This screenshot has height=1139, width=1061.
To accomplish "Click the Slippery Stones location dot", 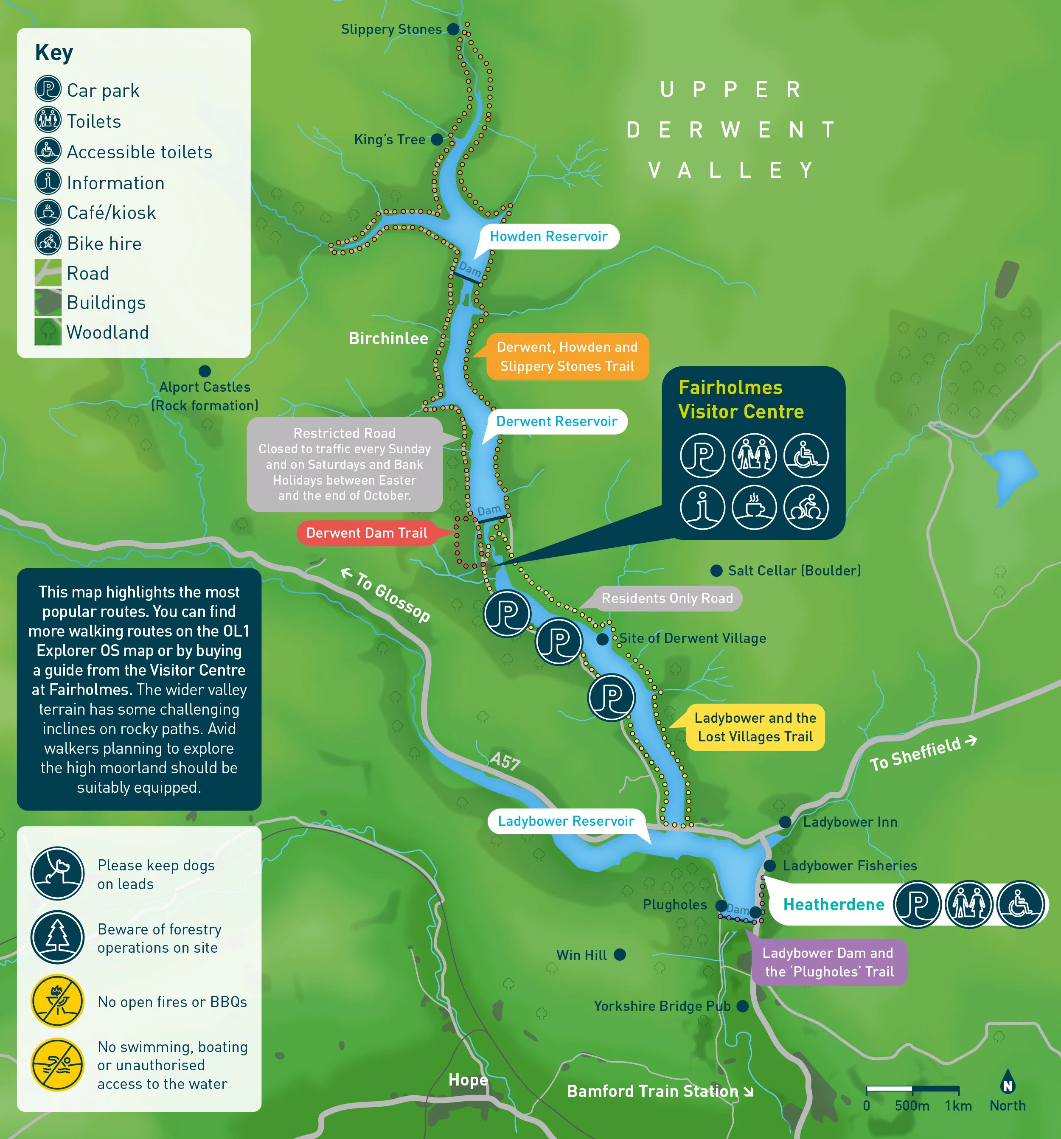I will (452, 29).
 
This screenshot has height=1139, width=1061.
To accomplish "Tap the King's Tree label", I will (390, 139).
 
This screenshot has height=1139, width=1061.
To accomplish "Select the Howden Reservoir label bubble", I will (548, 237).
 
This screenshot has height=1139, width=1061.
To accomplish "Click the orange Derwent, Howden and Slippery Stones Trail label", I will (567, 356).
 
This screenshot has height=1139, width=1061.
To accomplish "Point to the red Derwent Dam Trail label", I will (367, 533).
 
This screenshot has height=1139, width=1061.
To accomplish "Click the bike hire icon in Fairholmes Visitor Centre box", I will (806, 508).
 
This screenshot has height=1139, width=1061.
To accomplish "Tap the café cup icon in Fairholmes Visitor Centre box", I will (754, 508).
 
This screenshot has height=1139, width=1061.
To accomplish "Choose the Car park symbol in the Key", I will (48, 90).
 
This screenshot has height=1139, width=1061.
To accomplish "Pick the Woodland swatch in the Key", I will (48, 332).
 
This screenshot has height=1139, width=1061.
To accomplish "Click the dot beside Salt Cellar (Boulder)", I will (716, 571).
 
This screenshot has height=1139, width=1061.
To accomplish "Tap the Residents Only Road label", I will (667, 598).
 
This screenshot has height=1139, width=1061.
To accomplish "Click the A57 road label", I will (505, 761).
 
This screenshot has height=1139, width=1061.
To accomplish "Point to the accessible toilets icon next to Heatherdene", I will (1020, 904).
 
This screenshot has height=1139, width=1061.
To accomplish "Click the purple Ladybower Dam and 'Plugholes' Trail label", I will (828, 962).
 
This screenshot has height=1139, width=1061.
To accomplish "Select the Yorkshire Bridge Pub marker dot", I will (742, 1006).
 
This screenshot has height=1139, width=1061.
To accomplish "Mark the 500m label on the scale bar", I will (912, 1106).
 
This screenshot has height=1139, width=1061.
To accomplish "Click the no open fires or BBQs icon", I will (57, 1001).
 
